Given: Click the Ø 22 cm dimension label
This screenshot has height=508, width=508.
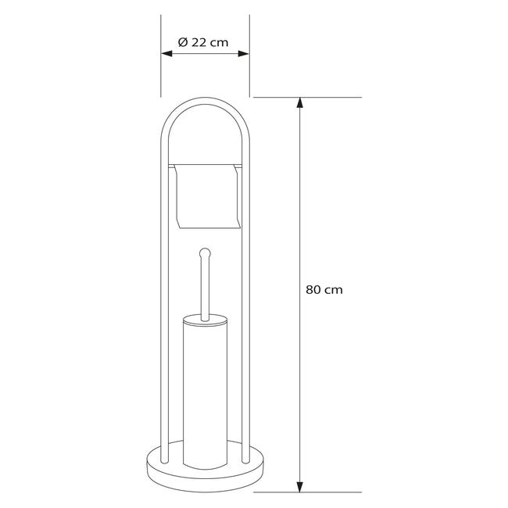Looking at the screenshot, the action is (203, 42).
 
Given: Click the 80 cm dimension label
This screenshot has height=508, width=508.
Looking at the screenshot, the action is (324, 290).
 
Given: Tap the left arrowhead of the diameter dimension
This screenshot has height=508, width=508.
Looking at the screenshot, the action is (166, 53).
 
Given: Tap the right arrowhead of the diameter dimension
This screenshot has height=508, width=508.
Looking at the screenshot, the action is (244, 53).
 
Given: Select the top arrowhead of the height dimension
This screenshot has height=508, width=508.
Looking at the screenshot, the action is (300, 102).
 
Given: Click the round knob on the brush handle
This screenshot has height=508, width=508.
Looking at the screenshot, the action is (205, 252).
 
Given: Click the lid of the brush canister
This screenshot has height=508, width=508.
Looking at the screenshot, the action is (205, 320).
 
